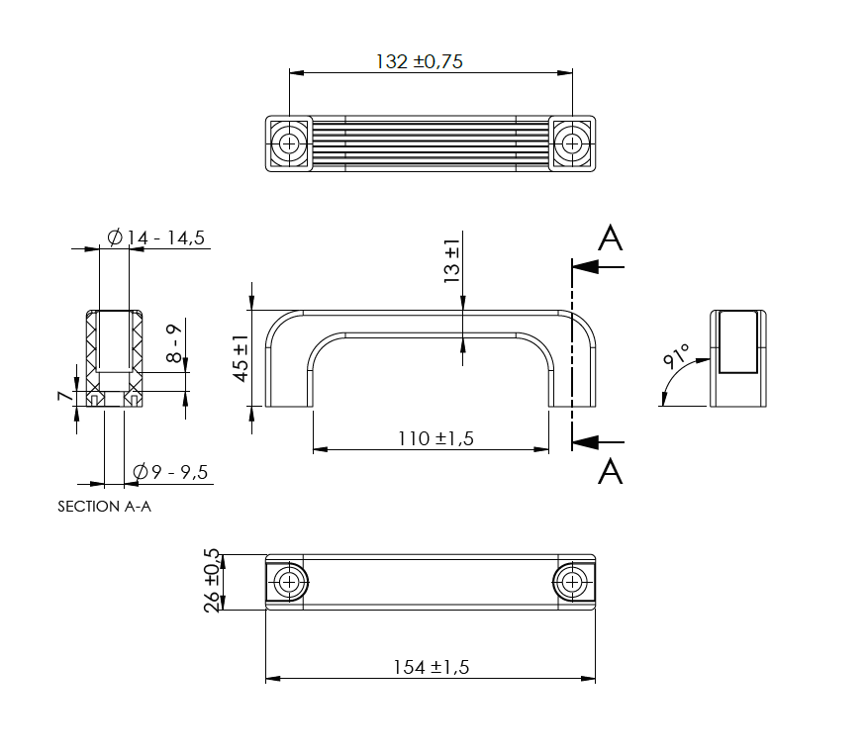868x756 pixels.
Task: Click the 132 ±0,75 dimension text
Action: point(420,61)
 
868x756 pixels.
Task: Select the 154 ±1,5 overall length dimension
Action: point(431,667)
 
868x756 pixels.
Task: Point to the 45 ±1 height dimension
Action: point(241,358)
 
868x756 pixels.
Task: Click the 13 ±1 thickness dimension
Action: point(452,262)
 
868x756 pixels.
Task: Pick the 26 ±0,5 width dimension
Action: point(211,581)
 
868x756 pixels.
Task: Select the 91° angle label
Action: point(676,357)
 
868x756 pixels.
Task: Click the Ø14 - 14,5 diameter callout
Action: point(155,237)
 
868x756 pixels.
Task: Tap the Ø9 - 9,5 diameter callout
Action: point(170,472)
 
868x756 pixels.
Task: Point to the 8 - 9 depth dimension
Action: point(174,343)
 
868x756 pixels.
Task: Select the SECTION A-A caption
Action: point(105,507)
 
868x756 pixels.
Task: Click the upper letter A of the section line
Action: point(611,238)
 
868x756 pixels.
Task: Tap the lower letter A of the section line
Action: point(611,471)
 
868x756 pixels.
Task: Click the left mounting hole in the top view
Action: point(289,143)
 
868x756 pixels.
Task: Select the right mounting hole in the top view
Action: point(572,143)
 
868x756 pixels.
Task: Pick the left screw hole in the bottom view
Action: point(289,582)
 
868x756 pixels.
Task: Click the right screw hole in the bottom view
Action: point(571,582)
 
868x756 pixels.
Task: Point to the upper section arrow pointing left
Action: point(598,266)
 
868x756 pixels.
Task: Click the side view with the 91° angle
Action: point(737,358)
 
